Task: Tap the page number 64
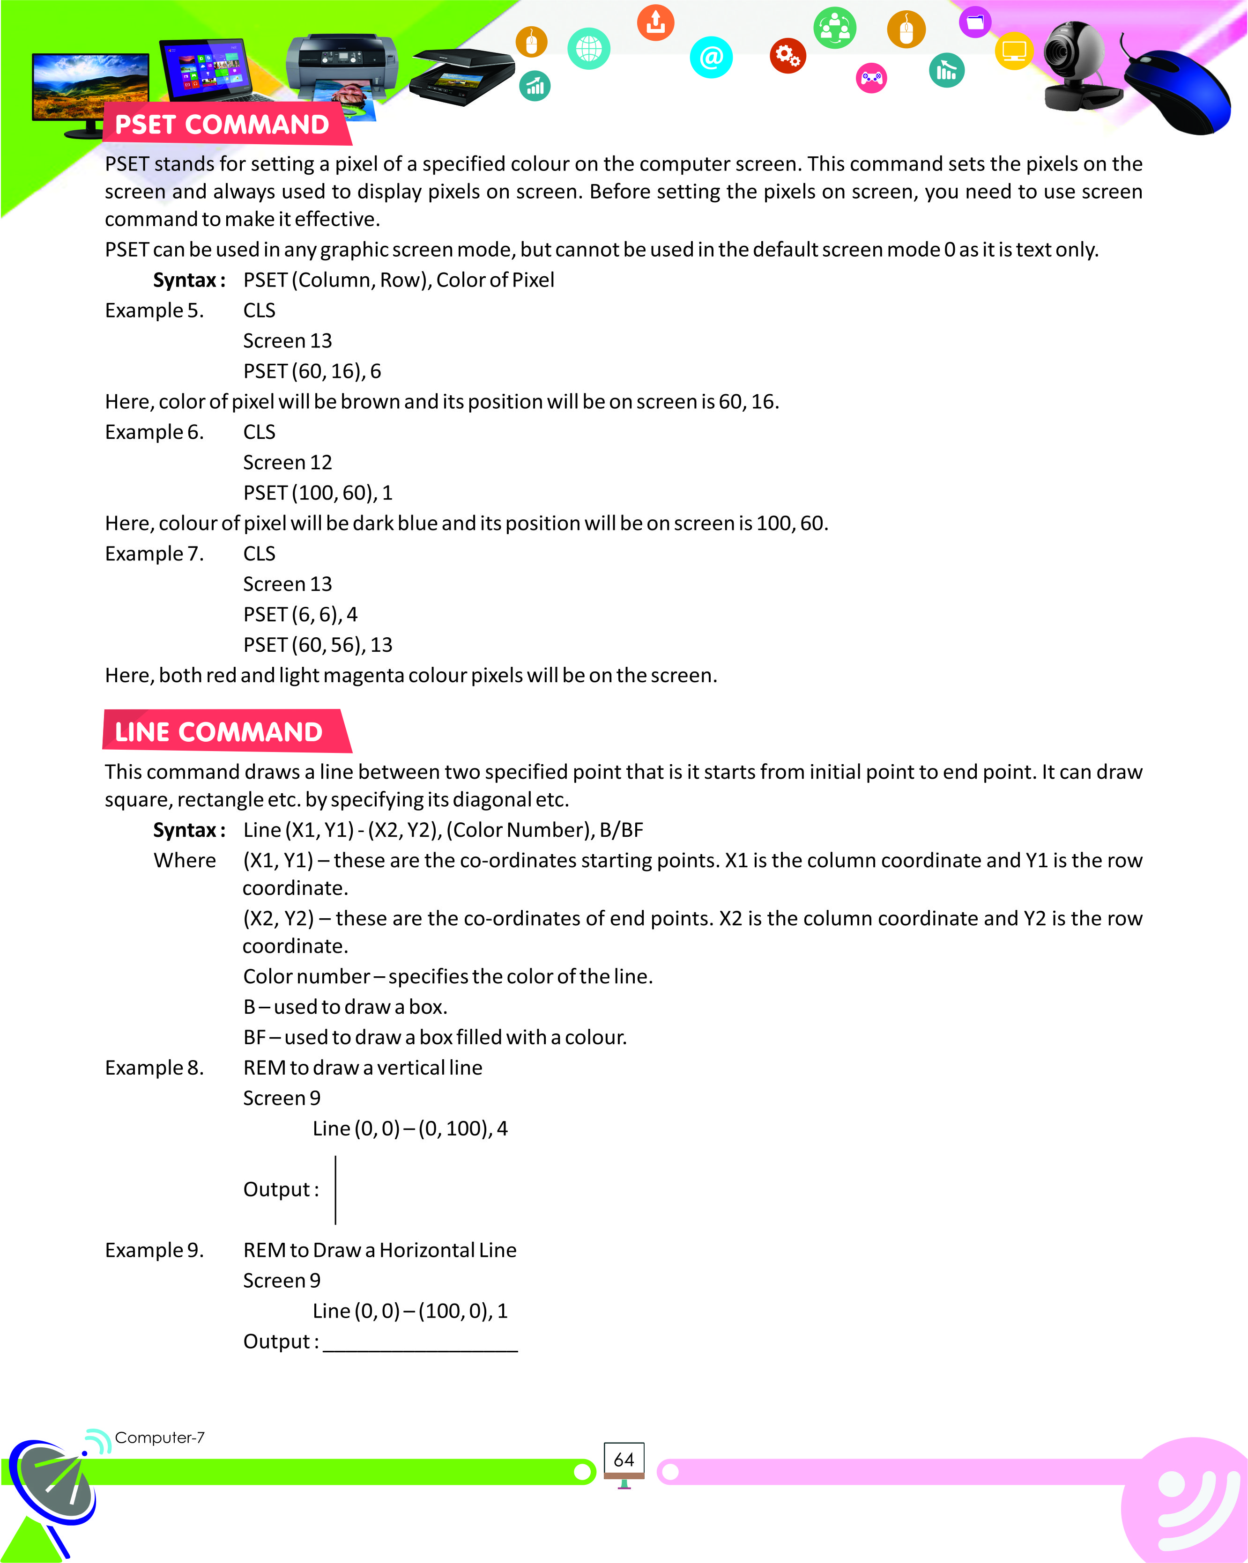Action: click(x=624, y=1460)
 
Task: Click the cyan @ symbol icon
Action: click(x=712, y=57)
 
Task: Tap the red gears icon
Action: click(x=787, y=55)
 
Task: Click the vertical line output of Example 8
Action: click(x=336, y=1190)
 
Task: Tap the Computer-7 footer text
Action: click(x=160, y=1438)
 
